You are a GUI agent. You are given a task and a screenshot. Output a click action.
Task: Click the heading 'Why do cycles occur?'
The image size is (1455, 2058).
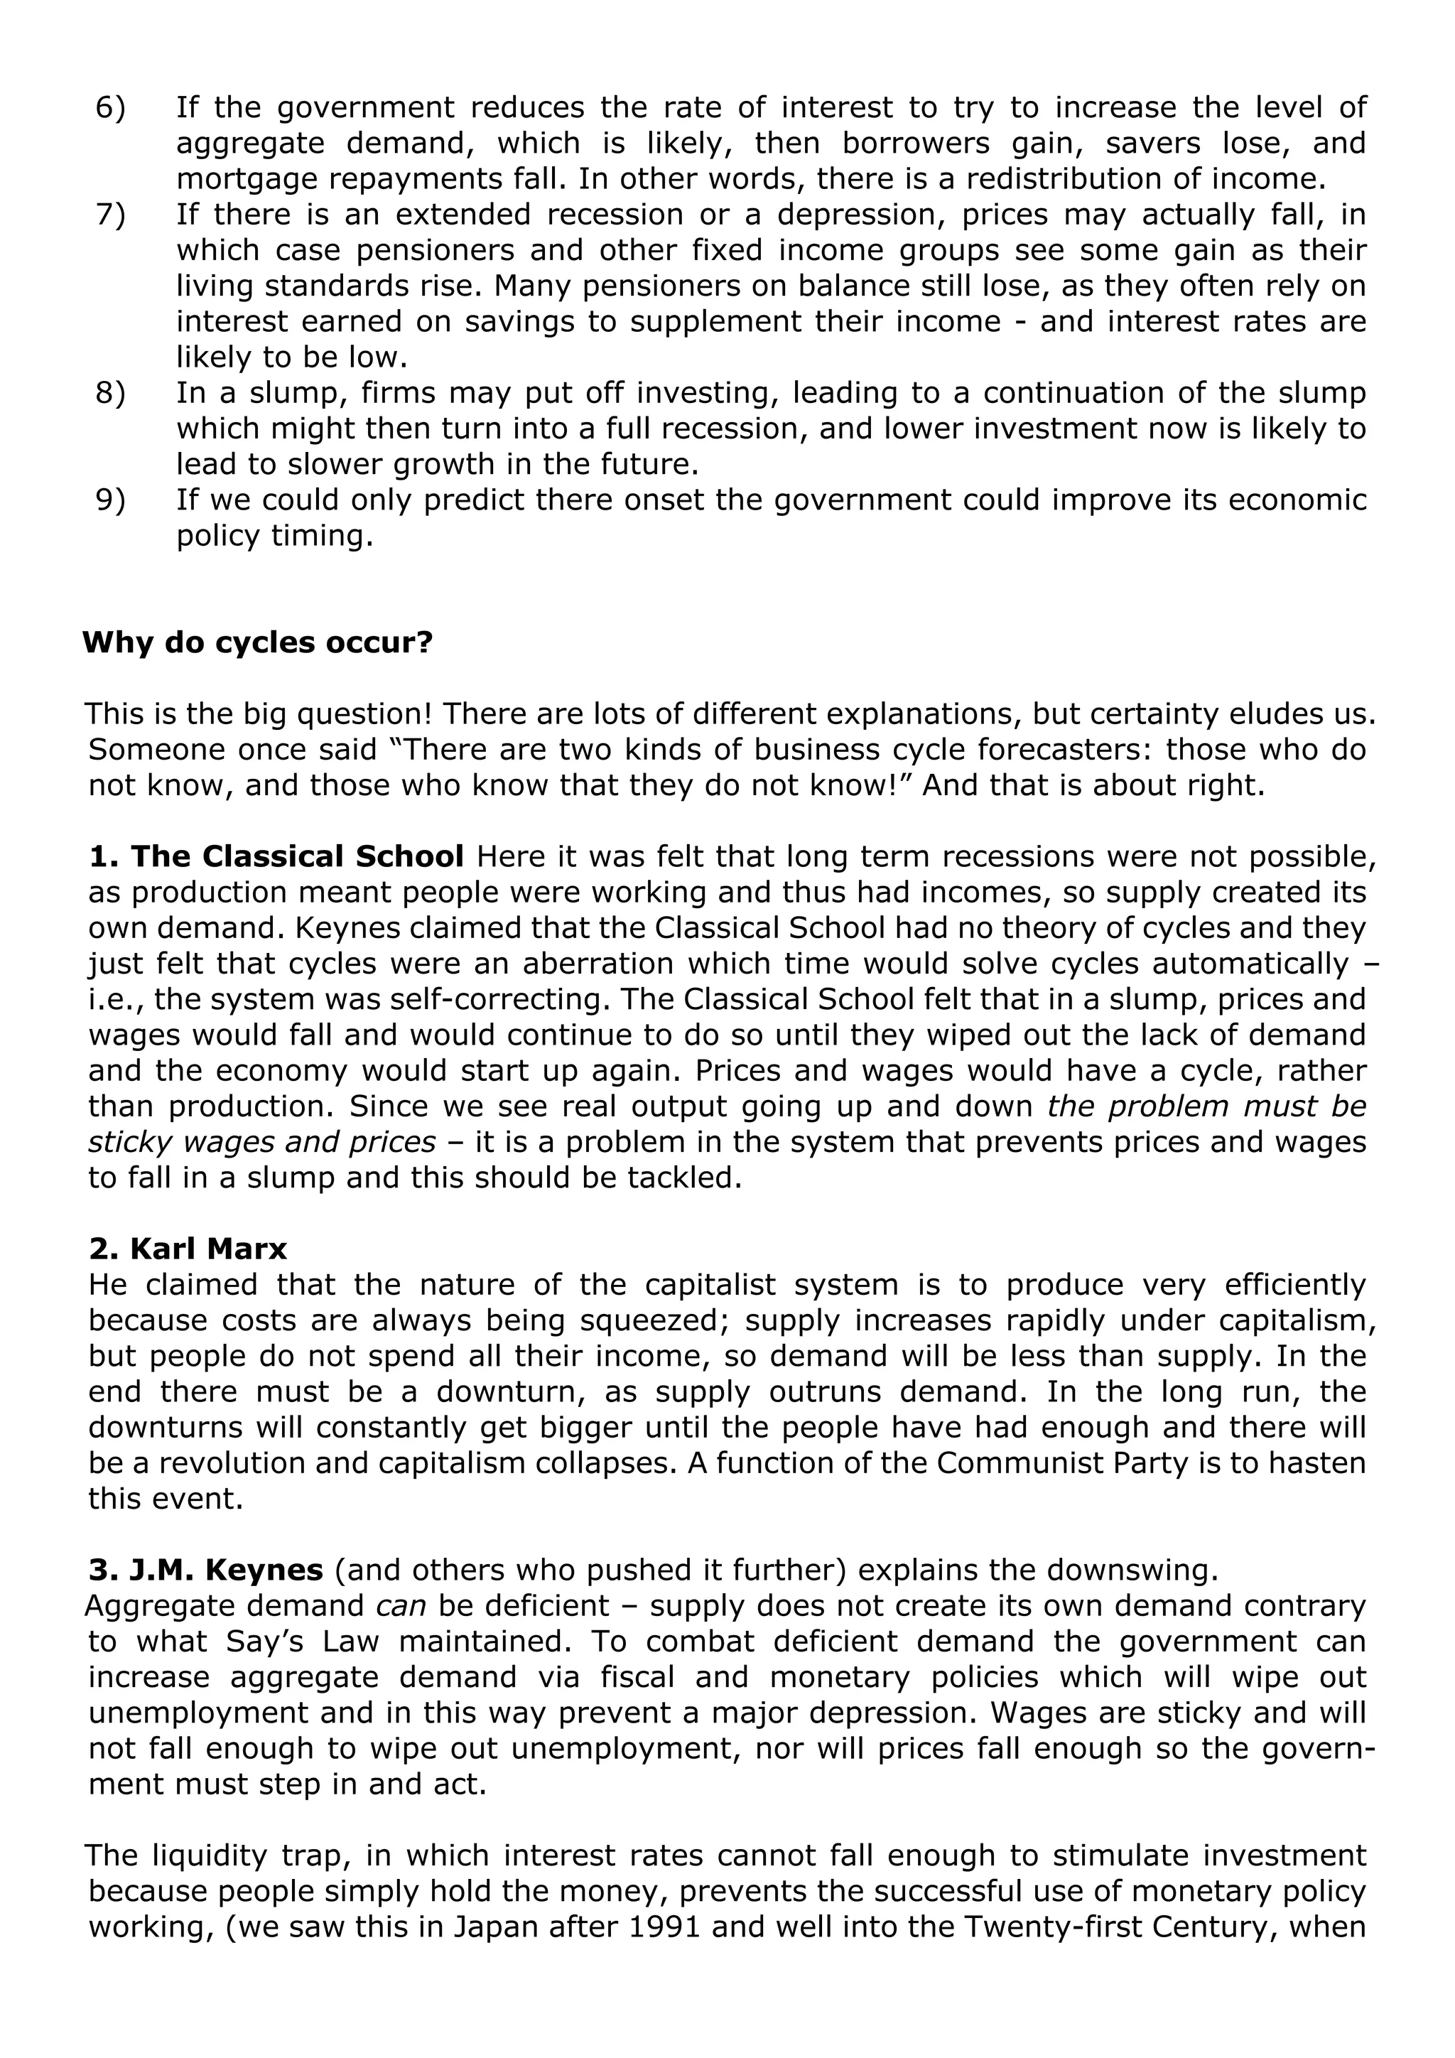(x=257, y=642)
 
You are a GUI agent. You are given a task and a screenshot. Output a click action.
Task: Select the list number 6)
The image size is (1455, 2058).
(x=110, y=107)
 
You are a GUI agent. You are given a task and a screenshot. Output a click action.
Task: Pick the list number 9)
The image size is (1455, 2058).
(x=110, y=500)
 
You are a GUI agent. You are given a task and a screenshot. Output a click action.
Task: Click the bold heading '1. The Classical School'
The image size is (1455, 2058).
(x=276, y=856)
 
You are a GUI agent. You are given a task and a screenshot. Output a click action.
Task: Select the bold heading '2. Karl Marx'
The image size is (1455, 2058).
(x=188, y=1249)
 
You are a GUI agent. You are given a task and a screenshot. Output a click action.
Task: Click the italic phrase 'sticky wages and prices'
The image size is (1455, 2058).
(x=261, y=1142)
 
